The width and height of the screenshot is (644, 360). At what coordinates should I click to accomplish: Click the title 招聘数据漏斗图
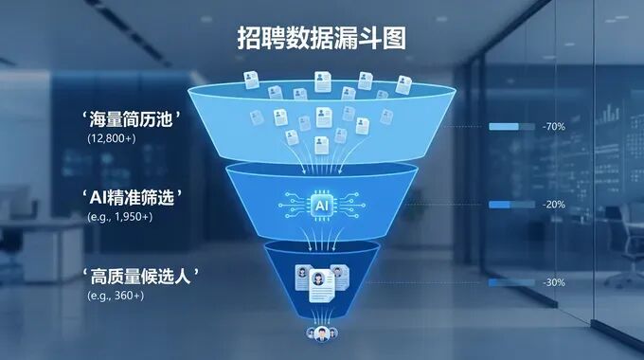(x=321, y=39)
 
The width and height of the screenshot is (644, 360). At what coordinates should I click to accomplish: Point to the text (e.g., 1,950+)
(x=117, y=216)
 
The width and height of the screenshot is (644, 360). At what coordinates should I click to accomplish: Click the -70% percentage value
(x=554, y=126)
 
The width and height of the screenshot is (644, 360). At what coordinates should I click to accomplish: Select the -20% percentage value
(x=554, y=205)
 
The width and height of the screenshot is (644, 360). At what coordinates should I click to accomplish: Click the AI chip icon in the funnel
(x=321, y=203)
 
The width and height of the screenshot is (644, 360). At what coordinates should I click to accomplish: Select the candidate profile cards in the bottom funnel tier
(x=322, y=279)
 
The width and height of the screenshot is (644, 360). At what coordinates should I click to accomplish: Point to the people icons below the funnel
(x=322, y=334)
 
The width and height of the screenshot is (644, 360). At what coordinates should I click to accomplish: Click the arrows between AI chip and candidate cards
(x=321, y=237)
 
